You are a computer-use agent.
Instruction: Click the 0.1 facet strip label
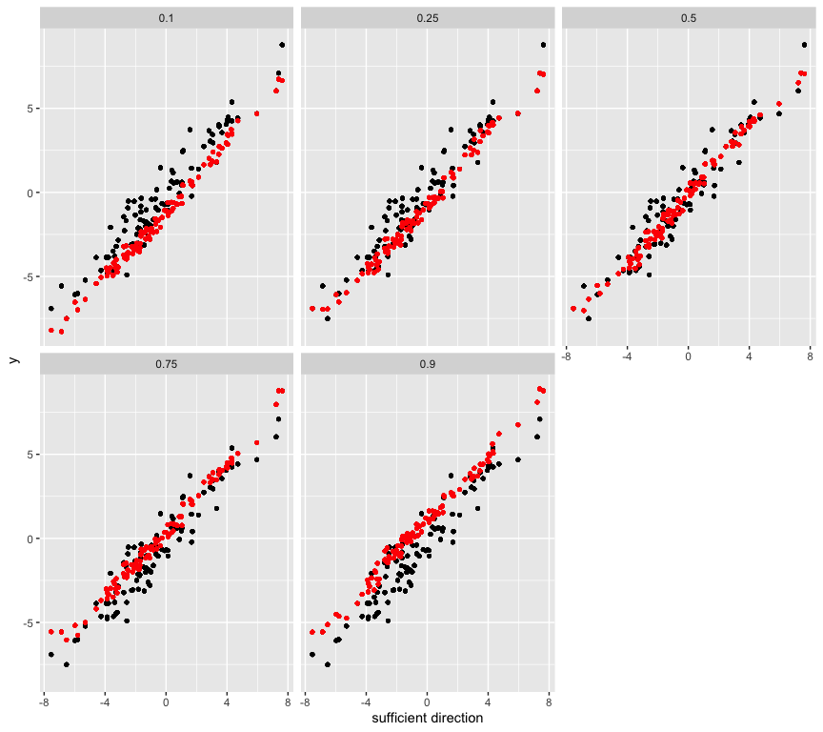tap(166, 18)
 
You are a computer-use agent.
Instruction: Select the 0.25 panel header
tap(427, 18)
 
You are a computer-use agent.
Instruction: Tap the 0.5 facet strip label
tap(688, 18)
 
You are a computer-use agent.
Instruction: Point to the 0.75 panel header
tap(166, 364)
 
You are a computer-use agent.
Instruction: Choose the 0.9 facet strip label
tap(427, 364)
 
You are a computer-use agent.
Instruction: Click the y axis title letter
tap(13, 359)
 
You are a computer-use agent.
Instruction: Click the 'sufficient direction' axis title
tap(427, 718)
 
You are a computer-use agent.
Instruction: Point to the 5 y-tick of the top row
tap(31, 109)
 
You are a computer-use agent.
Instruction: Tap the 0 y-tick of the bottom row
tap(31, 539)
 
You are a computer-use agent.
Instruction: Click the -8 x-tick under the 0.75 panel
tap(44, 703)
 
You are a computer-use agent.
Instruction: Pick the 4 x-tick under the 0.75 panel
tap(227, 703)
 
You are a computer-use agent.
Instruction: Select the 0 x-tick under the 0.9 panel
tap(427, 703)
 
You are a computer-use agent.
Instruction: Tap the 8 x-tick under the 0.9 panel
tap(549, 703)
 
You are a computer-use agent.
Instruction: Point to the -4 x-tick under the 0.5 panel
tap(627, 357)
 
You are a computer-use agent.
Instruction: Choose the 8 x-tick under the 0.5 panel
tap(810, 357)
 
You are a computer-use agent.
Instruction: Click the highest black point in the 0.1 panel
tap(282, 45)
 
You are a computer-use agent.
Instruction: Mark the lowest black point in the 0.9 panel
tap(328, 664)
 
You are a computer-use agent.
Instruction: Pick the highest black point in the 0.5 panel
tap(804, 45)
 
